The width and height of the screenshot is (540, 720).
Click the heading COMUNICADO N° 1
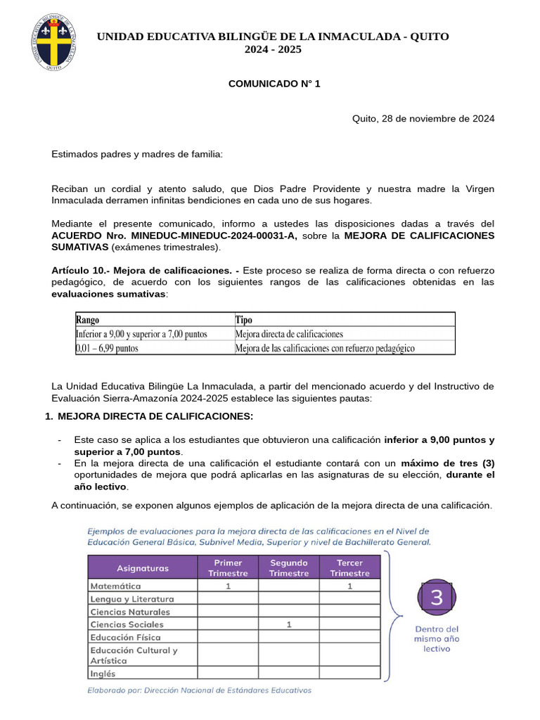pos(274,84)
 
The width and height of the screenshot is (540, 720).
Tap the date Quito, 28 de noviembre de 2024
pos(423,118)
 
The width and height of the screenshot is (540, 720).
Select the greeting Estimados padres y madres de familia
pos(136,154)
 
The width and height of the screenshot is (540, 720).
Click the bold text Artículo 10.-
pos(79,270)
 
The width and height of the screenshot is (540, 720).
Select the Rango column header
pos(88,320)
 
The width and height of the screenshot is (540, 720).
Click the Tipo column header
pos(243,320)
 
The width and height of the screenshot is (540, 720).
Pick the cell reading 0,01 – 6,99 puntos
pos(107,348)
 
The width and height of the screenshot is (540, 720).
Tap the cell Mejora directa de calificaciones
pos(289,334)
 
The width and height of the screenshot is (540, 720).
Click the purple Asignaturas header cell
pos(143,567)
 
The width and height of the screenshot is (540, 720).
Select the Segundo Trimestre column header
pos(288,567)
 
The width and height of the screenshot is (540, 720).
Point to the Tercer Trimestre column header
pos(349,567)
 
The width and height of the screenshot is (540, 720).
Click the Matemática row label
pos(115,586)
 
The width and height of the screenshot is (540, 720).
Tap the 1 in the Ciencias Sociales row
pos(289,624)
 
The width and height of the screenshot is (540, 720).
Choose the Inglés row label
pos(103,673)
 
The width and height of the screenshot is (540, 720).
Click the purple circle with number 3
pos(437,598)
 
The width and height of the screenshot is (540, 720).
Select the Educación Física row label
pos(125,637)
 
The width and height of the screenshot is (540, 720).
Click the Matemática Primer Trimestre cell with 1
pos(229,586)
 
